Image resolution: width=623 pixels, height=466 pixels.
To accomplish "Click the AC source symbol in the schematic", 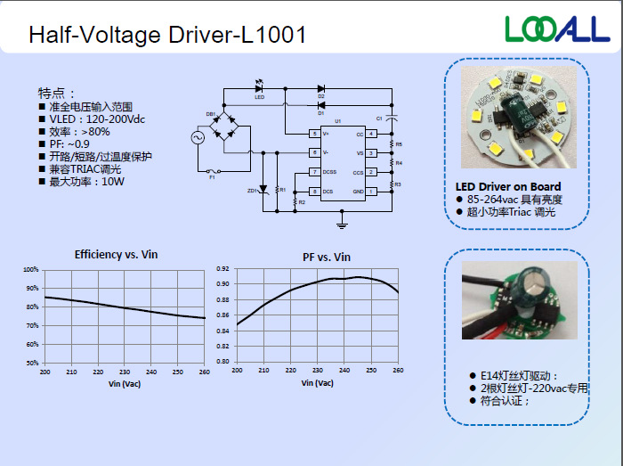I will [197, 137].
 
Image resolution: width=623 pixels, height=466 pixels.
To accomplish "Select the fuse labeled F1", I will [212, 170].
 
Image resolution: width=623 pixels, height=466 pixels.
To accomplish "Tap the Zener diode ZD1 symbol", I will [262, 190].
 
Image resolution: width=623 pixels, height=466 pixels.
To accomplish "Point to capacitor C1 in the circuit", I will [392, 118].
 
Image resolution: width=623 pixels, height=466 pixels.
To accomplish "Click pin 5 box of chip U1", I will [314, 134].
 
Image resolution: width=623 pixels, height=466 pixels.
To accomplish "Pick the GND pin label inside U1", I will [358, 192].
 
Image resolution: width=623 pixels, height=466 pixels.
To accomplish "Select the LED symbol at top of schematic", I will [259, 87].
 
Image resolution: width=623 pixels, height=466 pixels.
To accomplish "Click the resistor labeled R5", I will [392, 143].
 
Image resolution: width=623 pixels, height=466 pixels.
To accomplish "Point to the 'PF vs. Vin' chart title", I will [327, 257].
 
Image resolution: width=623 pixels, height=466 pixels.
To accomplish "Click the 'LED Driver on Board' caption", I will [507, 187].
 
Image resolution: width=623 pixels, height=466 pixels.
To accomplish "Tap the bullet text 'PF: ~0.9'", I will [69, 143].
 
